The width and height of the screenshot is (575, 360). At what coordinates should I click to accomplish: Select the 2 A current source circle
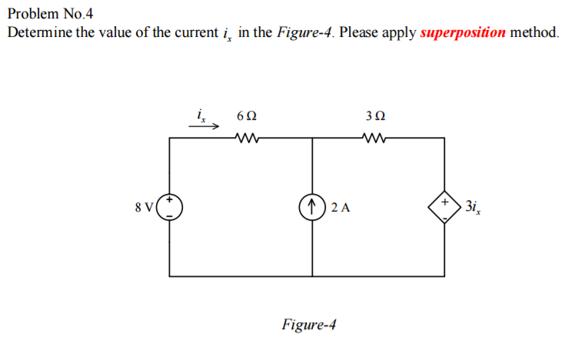coord(312,207)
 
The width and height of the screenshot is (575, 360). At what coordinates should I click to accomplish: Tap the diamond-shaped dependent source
coord(445,207)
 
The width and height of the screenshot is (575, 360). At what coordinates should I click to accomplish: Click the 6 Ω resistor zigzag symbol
coord(247,139)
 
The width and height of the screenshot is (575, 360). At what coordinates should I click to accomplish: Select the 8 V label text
coord(144,207)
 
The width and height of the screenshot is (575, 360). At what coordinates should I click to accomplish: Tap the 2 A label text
coord(341,207)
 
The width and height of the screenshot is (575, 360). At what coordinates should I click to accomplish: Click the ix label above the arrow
coord(201,116)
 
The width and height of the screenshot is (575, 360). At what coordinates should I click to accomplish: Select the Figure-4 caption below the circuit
coord(309,324)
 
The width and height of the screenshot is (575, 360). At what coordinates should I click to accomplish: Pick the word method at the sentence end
coord(534,33)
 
